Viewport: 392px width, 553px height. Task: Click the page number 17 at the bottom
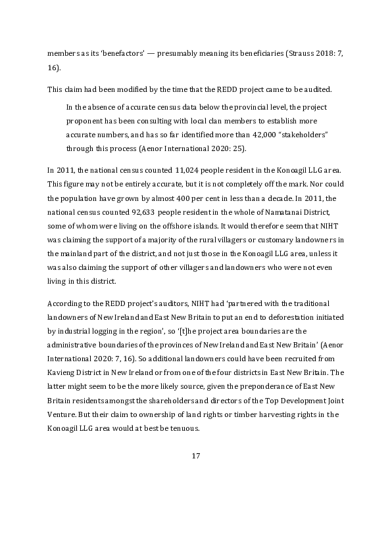pos(195,456)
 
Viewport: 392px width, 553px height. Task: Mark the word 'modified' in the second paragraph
pos(126,89)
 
